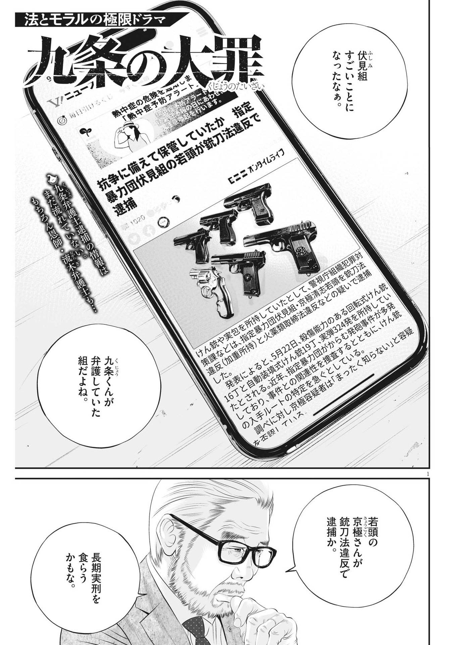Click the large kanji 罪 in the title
click(x=235, y=60)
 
